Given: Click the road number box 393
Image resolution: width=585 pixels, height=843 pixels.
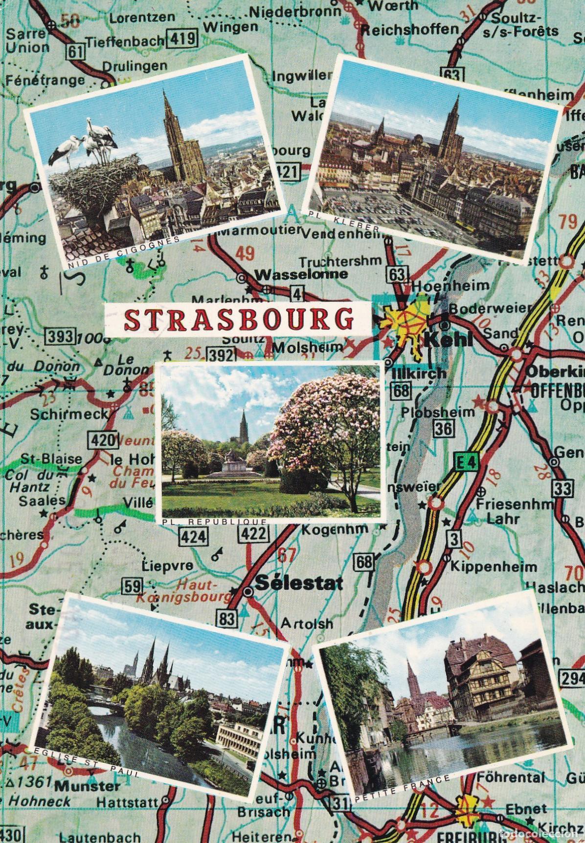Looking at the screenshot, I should (x=61, y=336).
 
